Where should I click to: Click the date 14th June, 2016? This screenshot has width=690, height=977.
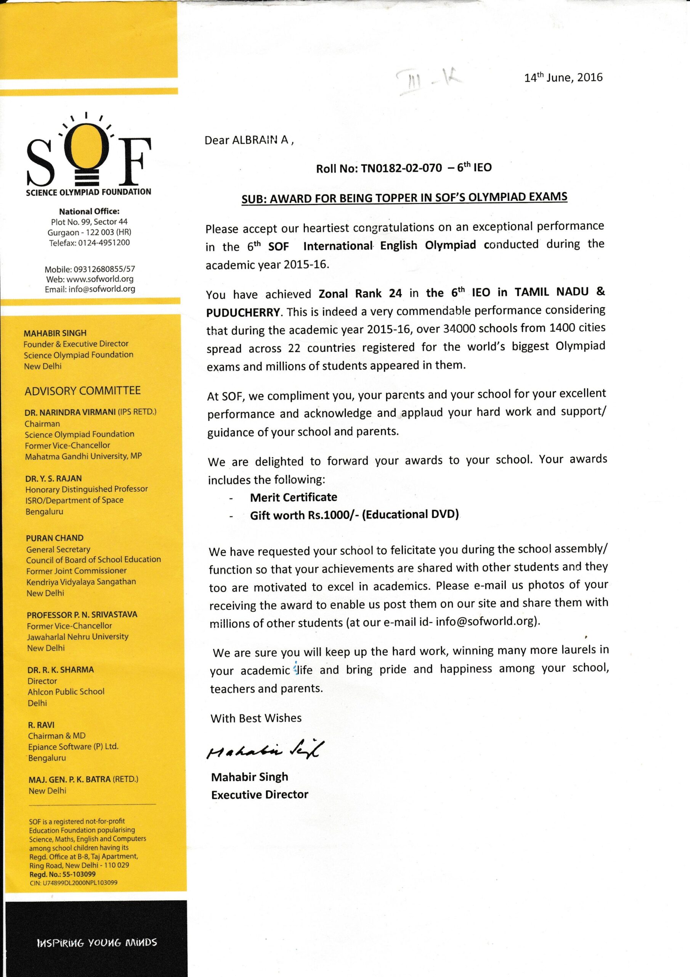[563, 77]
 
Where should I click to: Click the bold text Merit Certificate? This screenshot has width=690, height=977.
[294, 497]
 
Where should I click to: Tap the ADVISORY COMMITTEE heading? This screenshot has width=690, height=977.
[82, 391]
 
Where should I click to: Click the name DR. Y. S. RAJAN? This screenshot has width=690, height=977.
[53, 478]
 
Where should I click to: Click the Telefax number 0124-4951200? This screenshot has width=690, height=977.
[104, 243]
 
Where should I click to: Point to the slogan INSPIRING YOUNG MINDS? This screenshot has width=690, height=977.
[97, 943]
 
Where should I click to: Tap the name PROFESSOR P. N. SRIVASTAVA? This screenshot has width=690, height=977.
[82, 614]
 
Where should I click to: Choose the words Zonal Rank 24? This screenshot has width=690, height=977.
[360, 293]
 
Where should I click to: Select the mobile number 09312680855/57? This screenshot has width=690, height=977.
[104, 269]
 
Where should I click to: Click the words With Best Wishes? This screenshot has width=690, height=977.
[256, 718]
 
